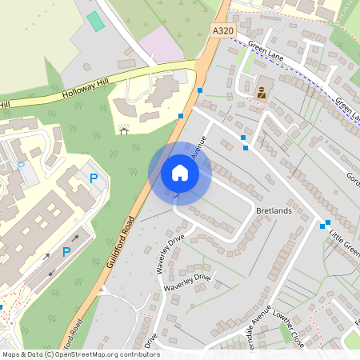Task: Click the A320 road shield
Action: tap(224, 30)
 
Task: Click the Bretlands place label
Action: tap(274, 210)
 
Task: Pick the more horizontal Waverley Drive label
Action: tap(187, 282)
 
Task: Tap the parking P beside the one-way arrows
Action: tap(66, 253)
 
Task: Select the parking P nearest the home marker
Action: tap(94, 178)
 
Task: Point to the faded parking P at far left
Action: tap(22, 166)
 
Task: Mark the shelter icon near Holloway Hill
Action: tap(124, 129)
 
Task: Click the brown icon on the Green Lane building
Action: tap(261, 92)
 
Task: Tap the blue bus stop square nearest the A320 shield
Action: tap(201, 90)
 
